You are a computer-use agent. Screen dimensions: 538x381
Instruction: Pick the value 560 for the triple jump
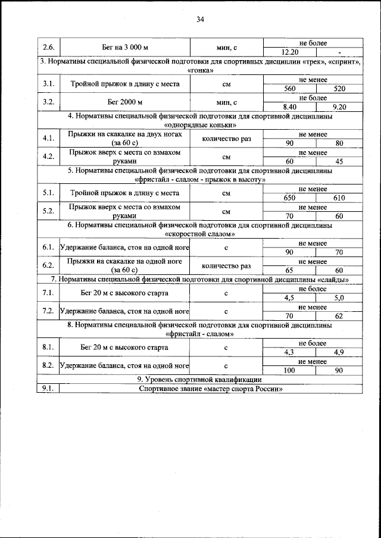[x=290, y=89]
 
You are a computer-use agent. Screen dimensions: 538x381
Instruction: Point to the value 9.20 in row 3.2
[x=340, y=107]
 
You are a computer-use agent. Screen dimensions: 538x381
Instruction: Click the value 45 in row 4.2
[x=340, y=161]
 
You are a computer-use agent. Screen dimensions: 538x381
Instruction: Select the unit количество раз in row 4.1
[x=226, y=139]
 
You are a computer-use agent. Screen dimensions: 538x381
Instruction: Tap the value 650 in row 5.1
[x=290, y=198]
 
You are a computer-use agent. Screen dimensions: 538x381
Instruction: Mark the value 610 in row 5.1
[x=340, y=198]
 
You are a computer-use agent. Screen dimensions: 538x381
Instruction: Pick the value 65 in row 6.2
[x=290, y=270]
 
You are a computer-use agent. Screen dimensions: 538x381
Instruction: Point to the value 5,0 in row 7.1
[x=340, y=298]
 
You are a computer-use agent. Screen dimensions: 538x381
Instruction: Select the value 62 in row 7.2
[x=340, y=315]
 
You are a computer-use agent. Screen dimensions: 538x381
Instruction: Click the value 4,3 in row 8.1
[x=290, y=352]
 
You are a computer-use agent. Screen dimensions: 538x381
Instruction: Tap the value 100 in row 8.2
[x=290, y=370]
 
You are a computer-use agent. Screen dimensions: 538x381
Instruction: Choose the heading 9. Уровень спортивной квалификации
[x=200, y=380]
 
